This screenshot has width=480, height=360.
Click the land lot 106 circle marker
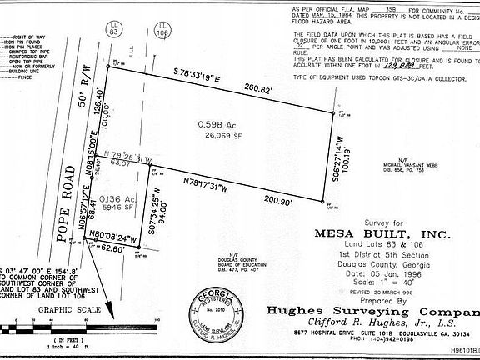tap(161, 30)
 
